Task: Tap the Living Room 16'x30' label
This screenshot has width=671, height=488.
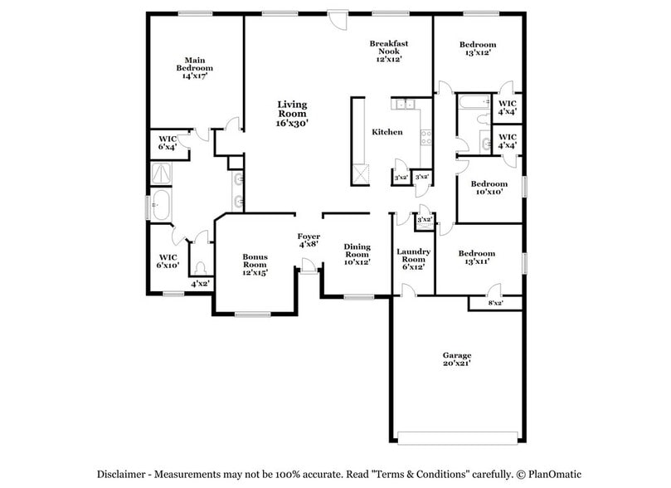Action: (292, 113)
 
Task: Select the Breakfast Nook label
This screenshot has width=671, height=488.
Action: (388, 51)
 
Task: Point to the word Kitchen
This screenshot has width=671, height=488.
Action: (387, 132)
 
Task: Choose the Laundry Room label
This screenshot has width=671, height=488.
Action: (411, 258)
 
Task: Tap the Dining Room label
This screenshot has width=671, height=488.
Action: (357, 253)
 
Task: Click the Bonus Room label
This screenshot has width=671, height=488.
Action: (255, 264)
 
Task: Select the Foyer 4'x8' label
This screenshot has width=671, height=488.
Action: (309, 241)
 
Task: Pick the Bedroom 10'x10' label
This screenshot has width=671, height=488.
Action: (489, 188)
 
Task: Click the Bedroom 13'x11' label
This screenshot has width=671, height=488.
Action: (477, 257)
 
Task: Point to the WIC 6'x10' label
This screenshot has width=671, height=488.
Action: (168, 261)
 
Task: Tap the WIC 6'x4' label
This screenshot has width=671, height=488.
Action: (168, 142)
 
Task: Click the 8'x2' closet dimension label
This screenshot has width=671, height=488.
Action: (495, 303)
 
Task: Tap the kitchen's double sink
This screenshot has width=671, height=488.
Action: (405, 105)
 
